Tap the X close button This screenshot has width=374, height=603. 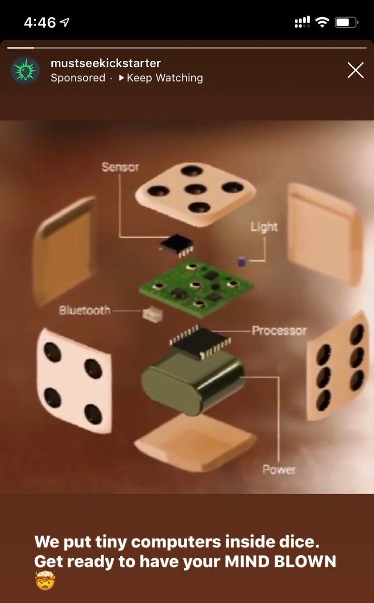(355, 70)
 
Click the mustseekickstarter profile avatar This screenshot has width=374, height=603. (25, 70)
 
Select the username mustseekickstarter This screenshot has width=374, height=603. (106, 63)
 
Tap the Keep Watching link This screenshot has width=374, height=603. (161, 78)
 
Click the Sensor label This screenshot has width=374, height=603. (120, 167)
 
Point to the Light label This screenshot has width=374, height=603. (264, 227)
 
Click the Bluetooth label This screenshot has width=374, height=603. (85, 310)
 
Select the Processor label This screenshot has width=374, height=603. (279, 330)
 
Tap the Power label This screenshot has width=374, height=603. (279, 469)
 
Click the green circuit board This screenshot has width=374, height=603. (196, 287)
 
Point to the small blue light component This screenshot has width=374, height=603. (242, 261)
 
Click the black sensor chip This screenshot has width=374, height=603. (177, 244)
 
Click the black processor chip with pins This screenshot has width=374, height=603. (200, 342)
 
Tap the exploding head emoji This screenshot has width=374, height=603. (45, 579)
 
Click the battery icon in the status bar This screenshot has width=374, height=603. (346, 22)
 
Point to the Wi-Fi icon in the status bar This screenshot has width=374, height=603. (323, 22)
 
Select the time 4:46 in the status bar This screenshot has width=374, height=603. (40, 22)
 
